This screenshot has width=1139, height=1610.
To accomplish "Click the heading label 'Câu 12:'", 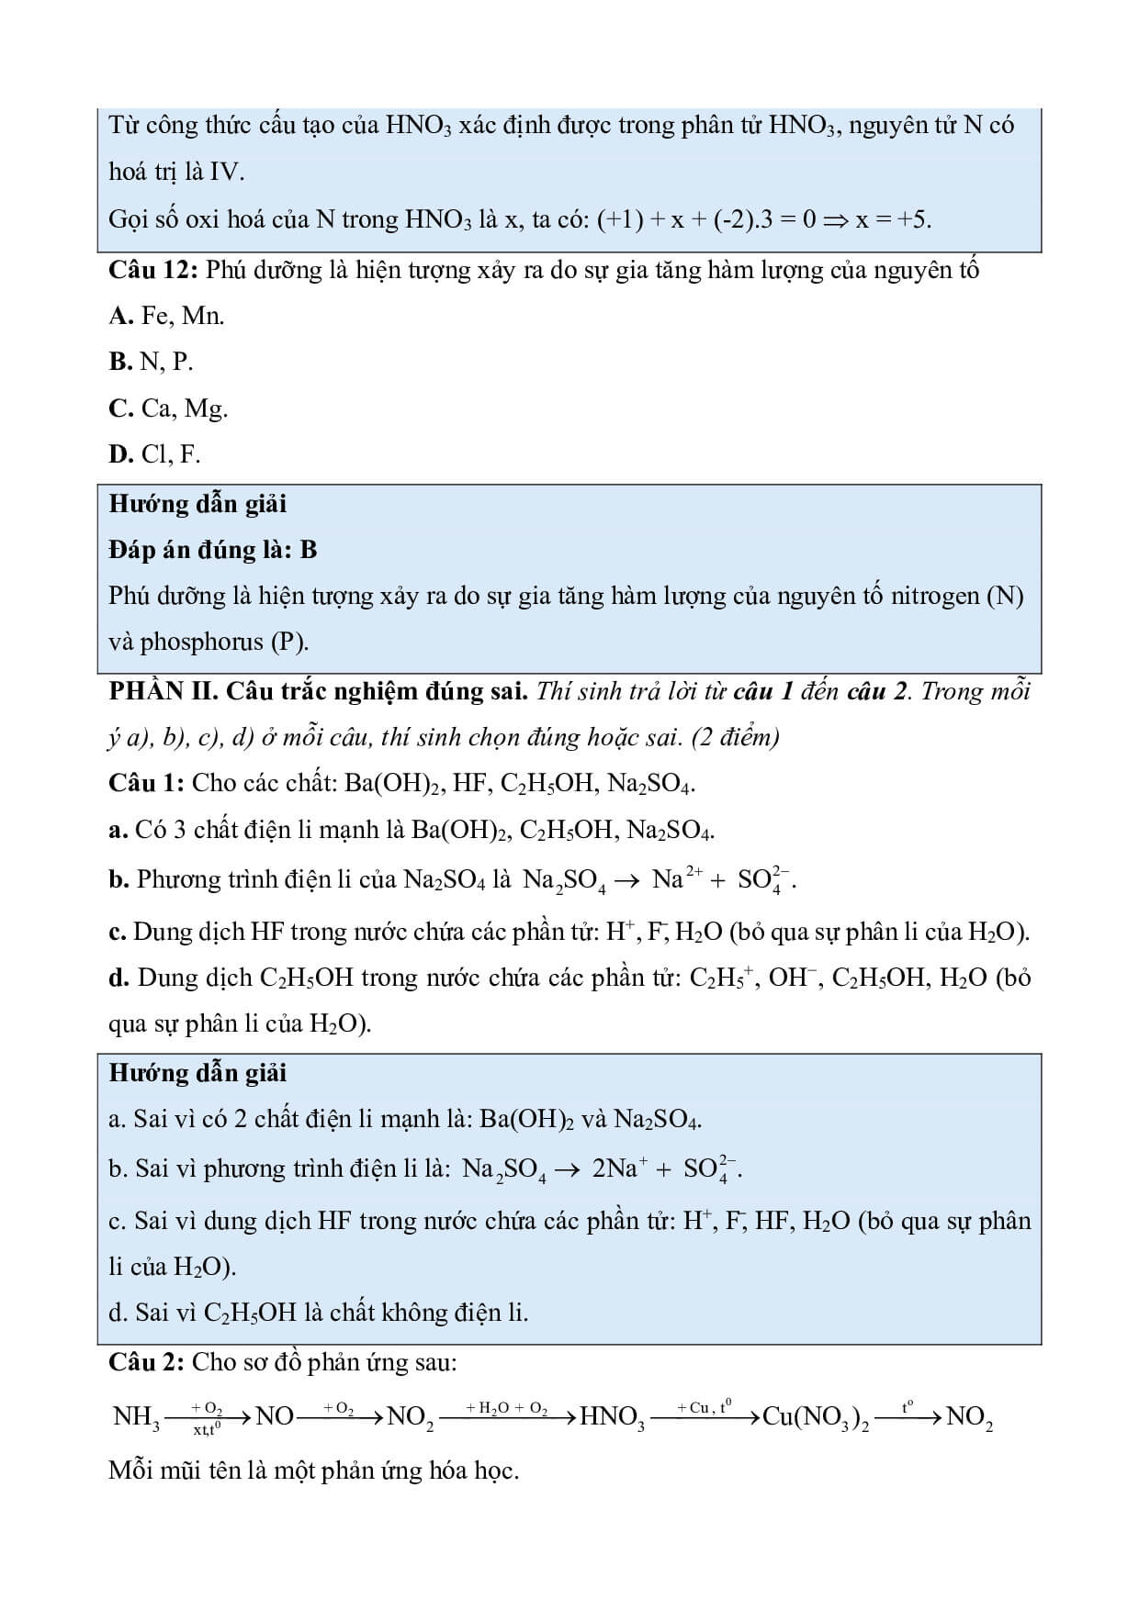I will click(153, 270).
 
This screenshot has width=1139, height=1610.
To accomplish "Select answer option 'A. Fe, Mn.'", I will click(166, 316).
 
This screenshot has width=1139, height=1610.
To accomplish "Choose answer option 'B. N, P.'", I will click(151, 362).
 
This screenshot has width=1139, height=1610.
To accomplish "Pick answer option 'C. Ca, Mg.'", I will click(168, 408).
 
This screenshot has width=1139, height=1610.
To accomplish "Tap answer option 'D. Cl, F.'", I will click(154, 453).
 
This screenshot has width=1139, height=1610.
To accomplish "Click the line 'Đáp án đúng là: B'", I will click(212, 549).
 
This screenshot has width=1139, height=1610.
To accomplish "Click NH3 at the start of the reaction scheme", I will click(136, 1417).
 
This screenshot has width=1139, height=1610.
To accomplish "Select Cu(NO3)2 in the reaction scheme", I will click(817, 1417).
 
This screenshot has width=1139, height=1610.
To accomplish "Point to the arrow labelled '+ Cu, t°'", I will click(705, 1418).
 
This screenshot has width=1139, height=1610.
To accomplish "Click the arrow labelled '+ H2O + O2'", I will click(507, 1418).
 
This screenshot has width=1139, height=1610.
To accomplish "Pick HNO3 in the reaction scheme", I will click(613, 1417).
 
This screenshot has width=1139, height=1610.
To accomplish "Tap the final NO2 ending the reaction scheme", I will click(969, 1417).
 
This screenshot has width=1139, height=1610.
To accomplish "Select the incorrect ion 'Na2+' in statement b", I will click(676, 879).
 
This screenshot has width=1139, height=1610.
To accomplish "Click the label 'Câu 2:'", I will click(147, 1361).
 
